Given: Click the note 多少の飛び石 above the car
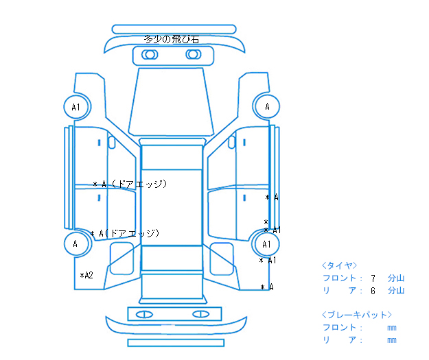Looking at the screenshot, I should point(172,39).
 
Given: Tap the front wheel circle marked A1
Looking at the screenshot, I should point(76,107).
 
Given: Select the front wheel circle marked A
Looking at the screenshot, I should point(267,106).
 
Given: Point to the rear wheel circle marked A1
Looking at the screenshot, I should point(267,244).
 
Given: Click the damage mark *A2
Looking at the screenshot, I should point(86,275).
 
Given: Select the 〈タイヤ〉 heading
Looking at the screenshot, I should point(339,265).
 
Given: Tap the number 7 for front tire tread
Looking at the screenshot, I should point(373,278).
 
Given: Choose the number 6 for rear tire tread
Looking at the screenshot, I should point(373,291).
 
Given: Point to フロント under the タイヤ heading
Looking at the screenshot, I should point(339,278).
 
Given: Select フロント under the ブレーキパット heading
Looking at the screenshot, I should point(339,327).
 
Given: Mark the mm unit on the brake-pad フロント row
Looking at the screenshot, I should point(391,328).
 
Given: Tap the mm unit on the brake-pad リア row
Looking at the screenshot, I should point(391,340).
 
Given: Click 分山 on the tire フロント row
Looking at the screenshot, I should point(396,278).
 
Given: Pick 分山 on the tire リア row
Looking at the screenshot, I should point(396,291).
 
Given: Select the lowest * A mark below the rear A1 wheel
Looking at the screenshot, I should point(267,287).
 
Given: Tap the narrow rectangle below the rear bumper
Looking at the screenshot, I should point(176,342).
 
